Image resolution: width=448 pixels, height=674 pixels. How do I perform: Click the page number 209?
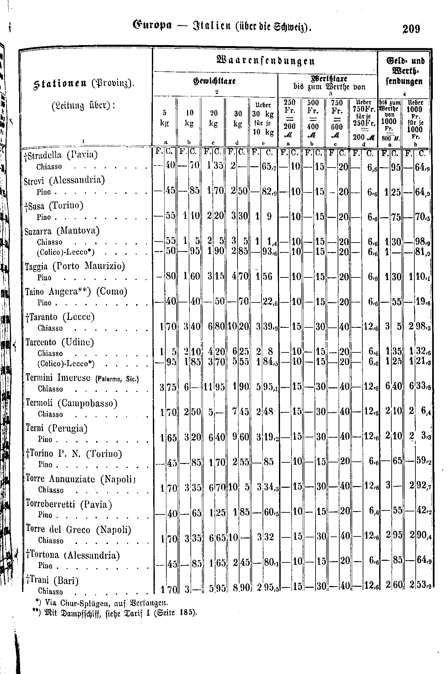[411, 29]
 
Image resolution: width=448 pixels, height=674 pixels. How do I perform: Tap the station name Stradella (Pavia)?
[61, 155]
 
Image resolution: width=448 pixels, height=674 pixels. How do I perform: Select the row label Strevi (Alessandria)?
[65, 180]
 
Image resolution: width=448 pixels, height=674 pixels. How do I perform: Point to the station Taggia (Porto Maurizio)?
[75, 266]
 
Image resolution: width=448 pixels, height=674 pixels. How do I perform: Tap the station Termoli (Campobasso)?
[71, 403]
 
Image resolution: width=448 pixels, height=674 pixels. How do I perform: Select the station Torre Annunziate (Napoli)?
[81, 479]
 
